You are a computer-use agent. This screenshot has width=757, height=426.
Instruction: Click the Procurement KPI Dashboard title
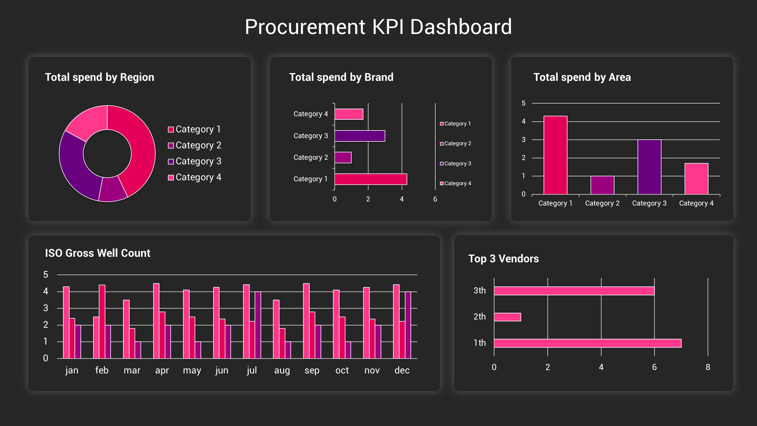(378, 27)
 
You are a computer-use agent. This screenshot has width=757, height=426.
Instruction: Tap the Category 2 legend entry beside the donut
(195, 145)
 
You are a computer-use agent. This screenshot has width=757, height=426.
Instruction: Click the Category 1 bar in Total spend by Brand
(371, 179)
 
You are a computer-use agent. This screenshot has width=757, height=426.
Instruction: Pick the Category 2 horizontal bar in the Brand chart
(343, 157)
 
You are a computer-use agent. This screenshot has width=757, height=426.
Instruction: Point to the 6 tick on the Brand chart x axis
(435, 199)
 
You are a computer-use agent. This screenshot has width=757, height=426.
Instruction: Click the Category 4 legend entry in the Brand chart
(456, 183)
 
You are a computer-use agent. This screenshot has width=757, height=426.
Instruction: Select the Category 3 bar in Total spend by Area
(649, 167)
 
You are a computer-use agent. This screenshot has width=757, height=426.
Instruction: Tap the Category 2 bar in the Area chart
(602, 185)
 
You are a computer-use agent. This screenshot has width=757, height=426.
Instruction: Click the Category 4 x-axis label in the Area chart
(696, 203)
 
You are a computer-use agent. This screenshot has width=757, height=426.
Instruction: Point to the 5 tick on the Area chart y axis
(523, 103)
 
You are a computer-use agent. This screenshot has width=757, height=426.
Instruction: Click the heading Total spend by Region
(99, 77)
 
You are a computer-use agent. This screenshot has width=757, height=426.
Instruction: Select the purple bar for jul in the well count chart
(258, 325)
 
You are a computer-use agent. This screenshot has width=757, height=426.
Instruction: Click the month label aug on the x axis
(282, 370)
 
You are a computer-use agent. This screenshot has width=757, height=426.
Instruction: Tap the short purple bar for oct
(348, 350)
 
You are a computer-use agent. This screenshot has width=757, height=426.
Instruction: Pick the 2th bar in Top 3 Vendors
(507, 317)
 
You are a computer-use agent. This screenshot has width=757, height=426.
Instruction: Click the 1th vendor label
(480, 343)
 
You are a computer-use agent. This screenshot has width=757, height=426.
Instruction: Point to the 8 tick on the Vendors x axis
(708, 367)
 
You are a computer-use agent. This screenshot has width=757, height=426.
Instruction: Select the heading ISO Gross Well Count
(98, 253)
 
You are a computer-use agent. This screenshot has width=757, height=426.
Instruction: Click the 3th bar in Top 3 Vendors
(574, 291)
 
